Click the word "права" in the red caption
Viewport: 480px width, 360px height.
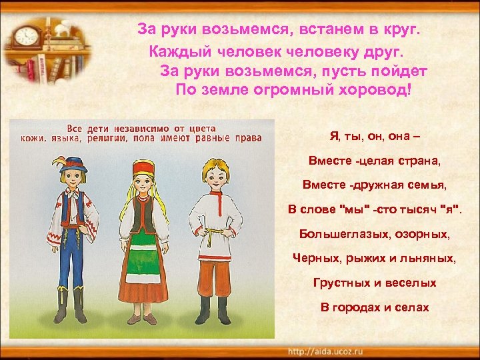tap(247, 139)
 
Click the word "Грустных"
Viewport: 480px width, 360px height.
tap(339, 283)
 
